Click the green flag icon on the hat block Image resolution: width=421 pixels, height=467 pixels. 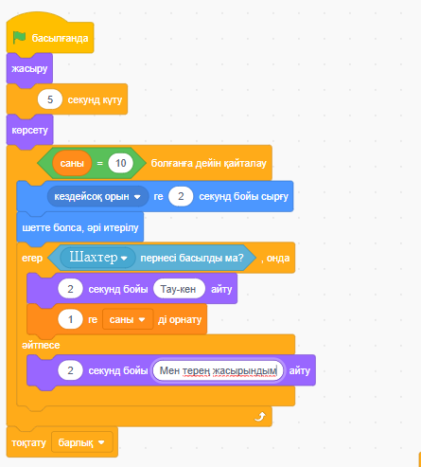point(19,38)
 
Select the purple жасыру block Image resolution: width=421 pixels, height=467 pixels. point(29,69)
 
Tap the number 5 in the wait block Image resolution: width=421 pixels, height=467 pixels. point(50,99)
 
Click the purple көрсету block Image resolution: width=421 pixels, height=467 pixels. point(29,131)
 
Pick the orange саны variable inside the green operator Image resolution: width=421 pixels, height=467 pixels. point(72,163)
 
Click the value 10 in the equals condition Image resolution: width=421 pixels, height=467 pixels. point(121,163)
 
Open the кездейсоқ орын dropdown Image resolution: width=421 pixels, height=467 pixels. point(97,196)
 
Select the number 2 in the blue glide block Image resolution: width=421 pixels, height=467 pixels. point(181,196)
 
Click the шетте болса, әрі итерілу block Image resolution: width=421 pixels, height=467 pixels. point(80,227)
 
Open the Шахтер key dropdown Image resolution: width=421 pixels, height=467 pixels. point(97,258)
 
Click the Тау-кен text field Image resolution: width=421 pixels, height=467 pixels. point(179,289)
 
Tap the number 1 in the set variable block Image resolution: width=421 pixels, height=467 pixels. point(70,319)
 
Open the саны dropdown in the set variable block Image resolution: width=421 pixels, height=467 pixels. point(128,319)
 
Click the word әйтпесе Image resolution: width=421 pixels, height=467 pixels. point(41,345)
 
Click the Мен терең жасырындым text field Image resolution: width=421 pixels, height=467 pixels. point(218,370)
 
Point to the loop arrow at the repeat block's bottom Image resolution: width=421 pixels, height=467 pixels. point(260,417)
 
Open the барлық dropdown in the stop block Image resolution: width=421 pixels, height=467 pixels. point(81,442)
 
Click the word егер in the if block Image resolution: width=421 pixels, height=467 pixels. point(32,258)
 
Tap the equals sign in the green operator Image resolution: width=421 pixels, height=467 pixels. point(100,164)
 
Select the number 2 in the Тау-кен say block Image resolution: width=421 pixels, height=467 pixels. point(70,289)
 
